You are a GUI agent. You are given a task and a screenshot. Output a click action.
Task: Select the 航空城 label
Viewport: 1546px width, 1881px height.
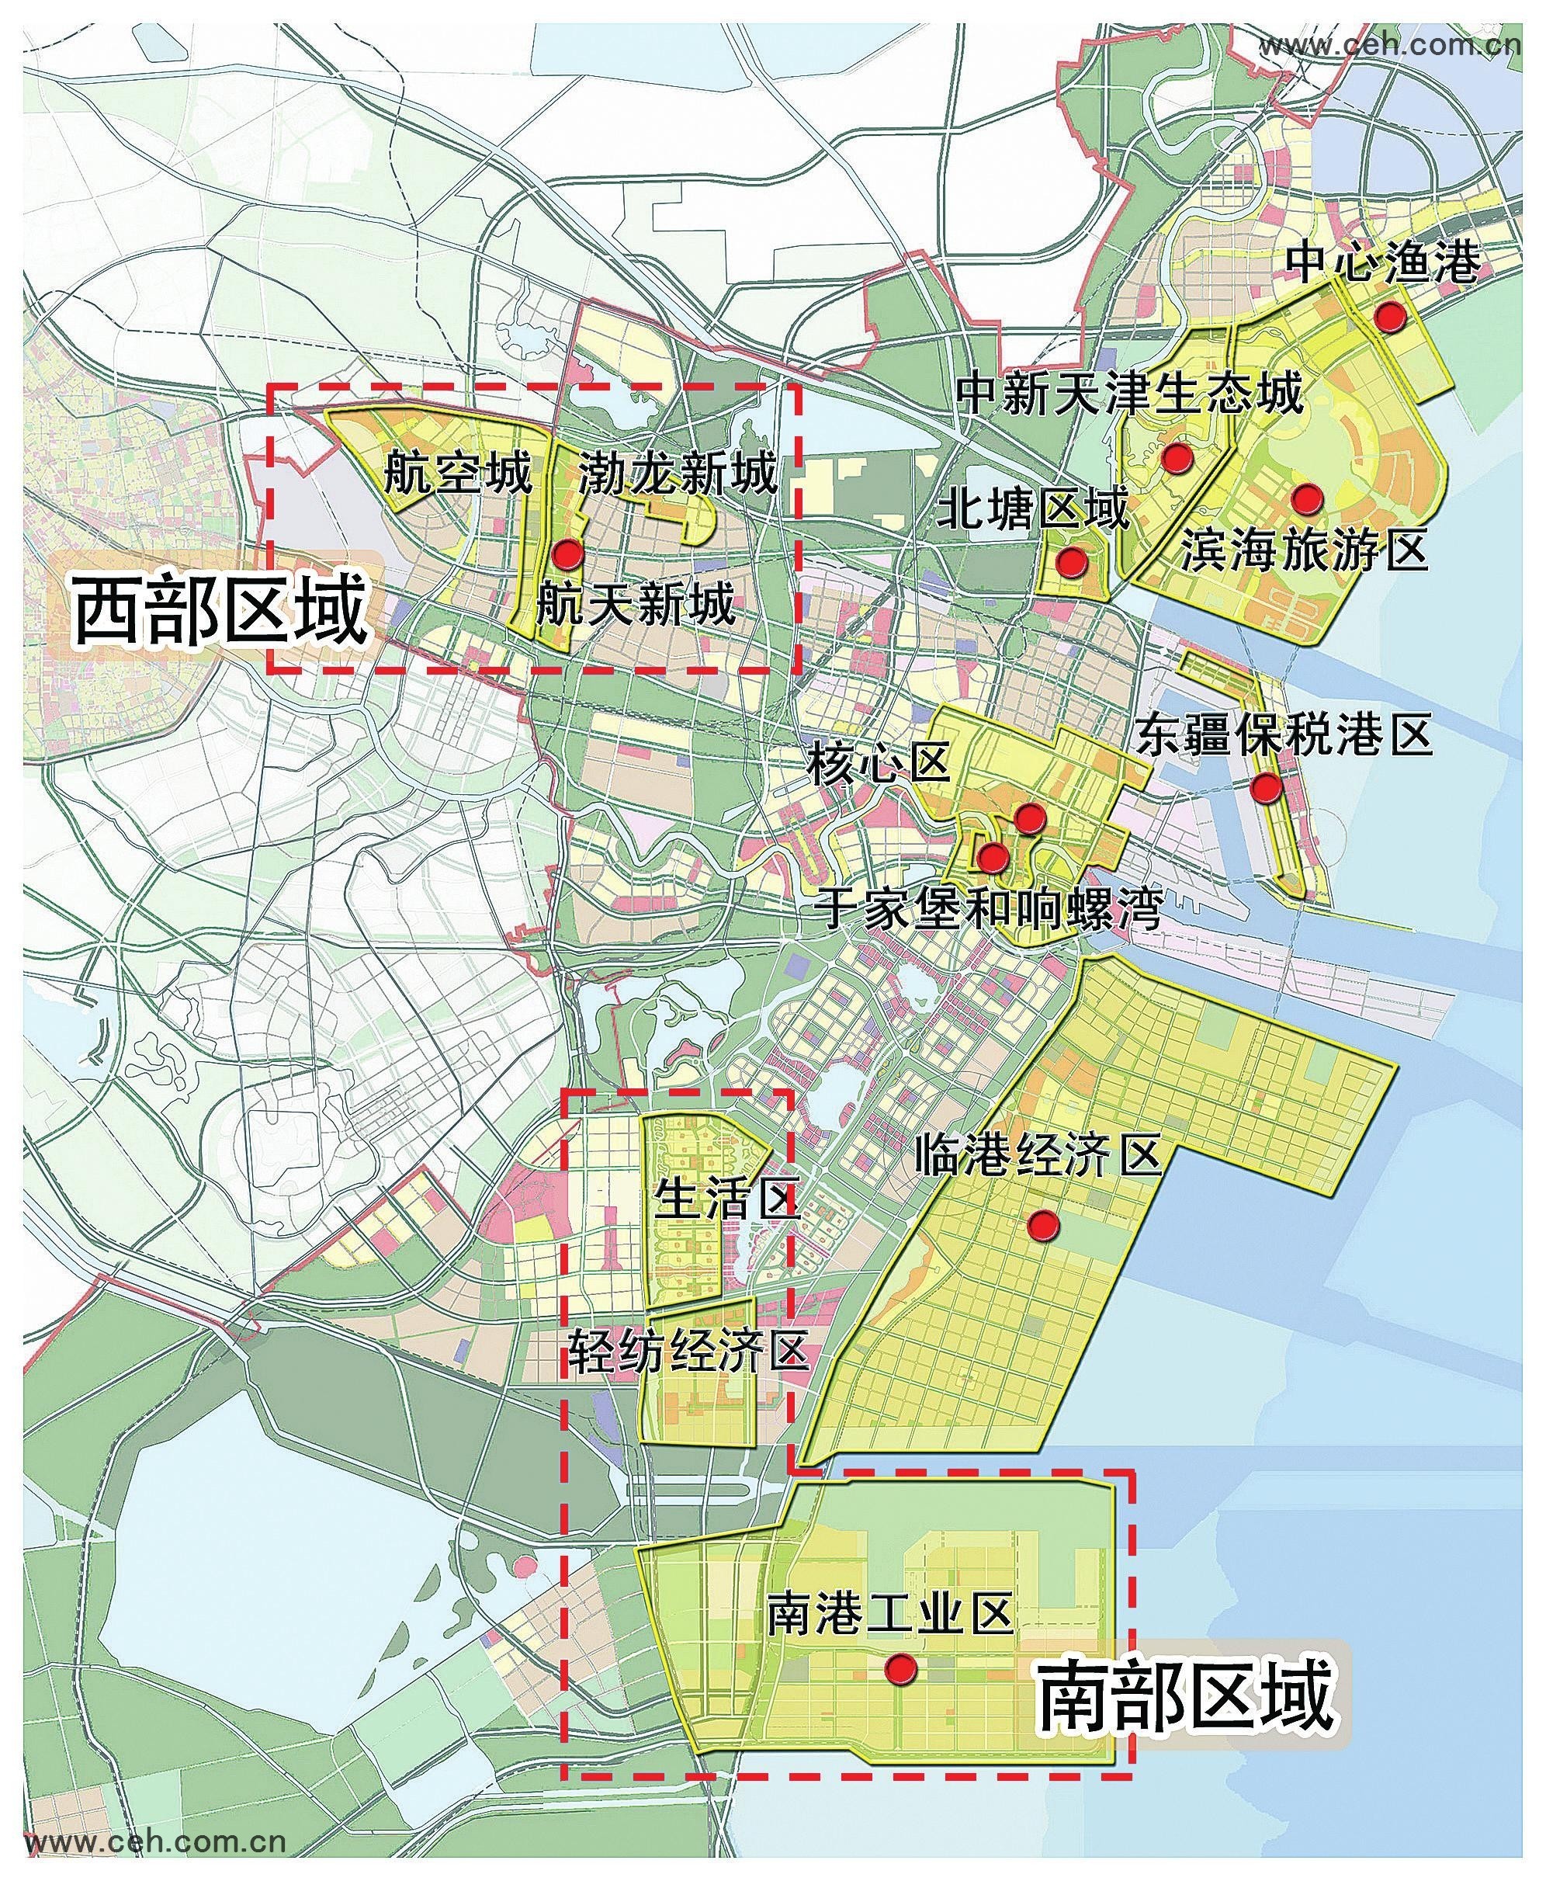click(x=458, y=473)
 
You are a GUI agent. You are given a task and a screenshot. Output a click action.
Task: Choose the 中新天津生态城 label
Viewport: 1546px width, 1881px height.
click(x=1130, y=392)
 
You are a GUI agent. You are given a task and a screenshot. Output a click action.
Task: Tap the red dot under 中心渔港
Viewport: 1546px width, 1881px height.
click(x=1389, y=316)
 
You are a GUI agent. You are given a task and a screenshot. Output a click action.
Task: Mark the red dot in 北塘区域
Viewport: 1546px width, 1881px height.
click(x=1071, y=561)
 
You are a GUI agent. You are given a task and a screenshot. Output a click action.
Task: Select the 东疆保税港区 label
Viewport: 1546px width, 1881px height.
click(x=1285, y=734)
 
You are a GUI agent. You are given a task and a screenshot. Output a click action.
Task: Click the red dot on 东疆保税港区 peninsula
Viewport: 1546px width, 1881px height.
click(x=1266, y=787)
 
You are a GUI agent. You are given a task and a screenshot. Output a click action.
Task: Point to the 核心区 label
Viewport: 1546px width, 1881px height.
click(x=877, y=764)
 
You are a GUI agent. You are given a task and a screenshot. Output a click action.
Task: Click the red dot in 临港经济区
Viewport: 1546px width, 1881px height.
click(x=1043, y=1226)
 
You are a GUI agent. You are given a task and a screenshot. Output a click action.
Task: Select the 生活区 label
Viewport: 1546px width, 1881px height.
click(x=726, y=1199)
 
